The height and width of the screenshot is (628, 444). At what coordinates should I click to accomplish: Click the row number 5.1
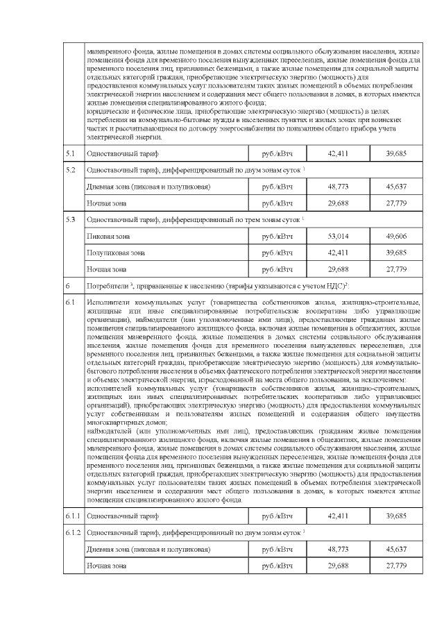point(70,151)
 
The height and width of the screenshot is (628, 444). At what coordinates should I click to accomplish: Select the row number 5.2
point(70,169)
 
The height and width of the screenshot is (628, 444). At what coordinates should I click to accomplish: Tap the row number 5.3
point(70,219)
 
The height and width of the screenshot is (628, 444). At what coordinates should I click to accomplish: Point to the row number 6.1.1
point(73,516)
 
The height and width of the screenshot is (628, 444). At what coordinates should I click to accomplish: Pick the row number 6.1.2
point(73,532)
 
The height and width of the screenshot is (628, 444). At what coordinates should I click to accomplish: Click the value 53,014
point(338,237)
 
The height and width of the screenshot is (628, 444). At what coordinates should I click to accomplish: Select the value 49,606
point(396,237)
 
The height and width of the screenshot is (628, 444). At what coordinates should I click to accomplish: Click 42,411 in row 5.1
point(338,151)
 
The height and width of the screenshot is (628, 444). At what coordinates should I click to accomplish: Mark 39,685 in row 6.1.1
point(396,516)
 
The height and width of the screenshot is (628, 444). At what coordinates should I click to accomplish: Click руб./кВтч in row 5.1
point(277,151)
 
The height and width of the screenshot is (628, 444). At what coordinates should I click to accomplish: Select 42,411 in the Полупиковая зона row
point(338,253)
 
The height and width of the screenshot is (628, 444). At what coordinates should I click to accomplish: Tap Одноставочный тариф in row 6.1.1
point(122,516)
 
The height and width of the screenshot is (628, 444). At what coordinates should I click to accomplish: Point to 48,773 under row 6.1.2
point(338,549)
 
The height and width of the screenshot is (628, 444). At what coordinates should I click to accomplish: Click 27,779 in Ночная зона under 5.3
point(396,269)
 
